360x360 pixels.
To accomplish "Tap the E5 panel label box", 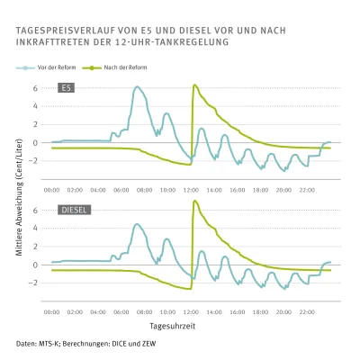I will [66, 87].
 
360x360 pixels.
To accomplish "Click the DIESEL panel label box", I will [74, 210].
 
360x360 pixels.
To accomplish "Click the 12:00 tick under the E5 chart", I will [191, 190].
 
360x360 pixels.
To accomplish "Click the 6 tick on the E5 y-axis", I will [35, 88].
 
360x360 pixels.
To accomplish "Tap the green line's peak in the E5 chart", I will [194, 85].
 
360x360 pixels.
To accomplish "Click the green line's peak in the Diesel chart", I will [194, 201].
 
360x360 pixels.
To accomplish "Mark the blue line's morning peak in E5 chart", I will [137, 87].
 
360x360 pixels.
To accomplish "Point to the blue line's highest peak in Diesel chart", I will [137, 224].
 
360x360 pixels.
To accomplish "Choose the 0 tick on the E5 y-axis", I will [35, 142].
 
